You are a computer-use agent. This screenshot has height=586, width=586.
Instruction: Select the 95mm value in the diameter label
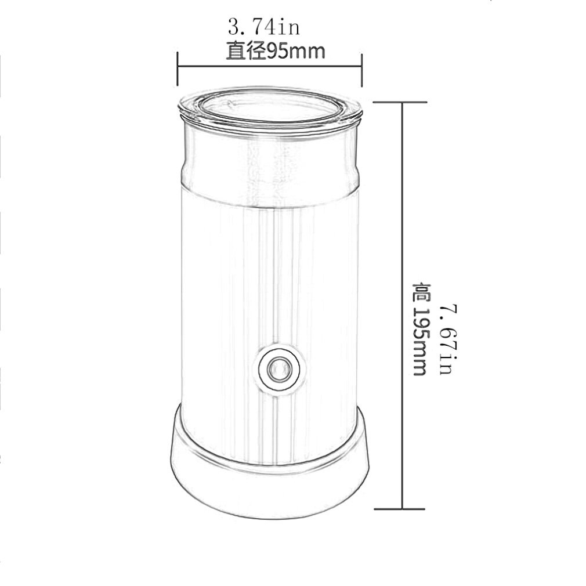tap(295, 52)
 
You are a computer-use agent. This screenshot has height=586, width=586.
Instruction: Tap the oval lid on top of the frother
tap(270, 107)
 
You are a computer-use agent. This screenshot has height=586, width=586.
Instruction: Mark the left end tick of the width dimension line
tap(178, 67)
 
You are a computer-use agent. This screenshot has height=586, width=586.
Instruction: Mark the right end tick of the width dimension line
tap(361, 67)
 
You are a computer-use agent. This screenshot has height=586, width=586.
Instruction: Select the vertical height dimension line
tap(403, 232)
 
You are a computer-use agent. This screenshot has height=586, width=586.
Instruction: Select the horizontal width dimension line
tap(270, 67)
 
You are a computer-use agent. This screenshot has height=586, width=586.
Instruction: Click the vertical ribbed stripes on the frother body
tap(278, 278)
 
